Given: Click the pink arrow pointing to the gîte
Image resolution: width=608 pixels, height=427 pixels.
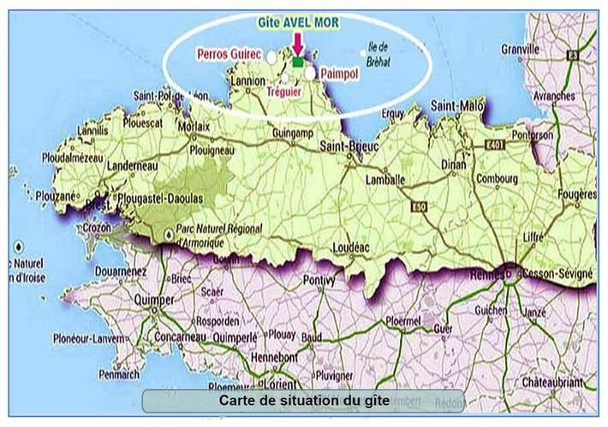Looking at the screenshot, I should [x=296, y=43].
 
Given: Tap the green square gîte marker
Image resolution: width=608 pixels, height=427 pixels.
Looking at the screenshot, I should [x=297, y=62].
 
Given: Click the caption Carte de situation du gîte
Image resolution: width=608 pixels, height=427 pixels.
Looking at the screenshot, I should [x=304, y=400].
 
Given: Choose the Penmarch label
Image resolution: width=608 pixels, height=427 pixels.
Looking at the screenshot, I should [x=118, y=374].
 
